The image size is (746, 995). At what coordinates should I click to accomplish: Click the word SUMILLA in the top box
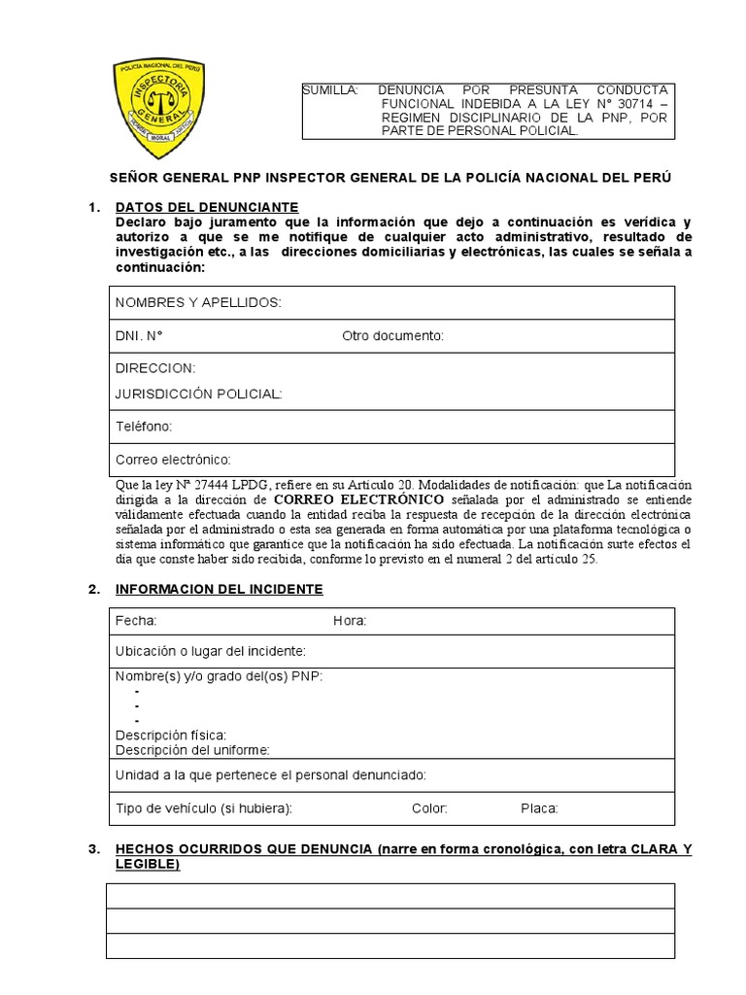tap(329, 89)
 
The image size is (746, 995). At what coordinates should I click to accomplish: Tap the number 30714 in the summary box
tap(623, 103)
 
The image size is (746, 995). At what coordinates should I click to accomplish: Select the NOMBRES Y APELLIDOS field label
tap(198, 303)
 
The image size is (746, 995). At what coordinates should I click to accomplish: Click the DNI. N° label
tap(139, 336)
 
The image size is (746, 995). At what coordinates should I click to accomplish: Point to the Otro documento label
tap(392, 336)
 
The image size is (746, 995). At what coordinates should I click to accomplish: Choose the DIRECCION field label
tap(155, 368)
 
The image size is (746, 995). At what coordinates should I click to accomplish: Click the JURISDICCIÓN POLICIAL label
tap(199, 394)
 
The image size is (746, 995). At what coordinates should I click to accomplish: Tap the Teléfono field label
tap(144, 427)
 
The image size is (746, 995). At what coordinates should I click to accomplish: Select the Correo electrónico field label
tap(173, 460)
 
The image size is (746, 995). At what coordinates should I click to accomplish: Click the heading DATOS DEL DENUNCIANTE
tap(207, 207)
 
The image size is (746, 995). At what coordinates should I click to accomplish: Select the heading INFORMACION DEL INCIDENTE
tap(219, 589)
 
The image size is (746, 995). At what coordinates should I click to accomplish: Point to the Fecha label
tap(136, 621)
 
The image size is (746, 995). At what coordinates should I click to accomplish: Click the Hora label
tap(350, 621)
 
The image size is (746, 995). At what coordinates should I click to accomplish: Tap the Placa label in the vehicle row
tap(539, 808)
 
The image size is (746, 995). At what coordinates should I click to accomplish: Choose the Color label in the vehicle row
tap(429, 808)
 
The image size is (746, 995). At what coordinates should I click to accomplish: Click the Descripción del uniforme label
tap(192, 749)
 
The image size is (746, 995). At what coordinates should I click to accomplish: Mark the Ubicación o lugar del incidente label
tap(211, 650)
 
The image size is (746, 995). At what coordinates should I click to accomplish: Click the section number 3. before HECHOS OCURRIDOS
tap(93, 850)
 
